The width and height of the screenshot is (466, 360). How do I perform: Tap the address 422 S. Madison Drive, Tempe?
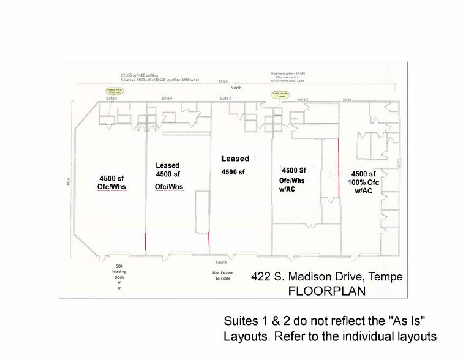coord(327,277)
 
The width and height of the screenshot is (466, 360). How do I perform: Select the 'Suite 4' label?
coord(166,98)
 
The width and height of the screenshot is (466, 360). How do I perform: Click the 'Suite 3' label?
coord(225,98)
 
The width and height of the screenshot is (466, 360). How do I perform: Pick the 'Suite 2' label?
coord(303,98)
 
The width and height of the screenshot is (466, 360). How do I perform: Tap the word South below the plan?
coord(222,263)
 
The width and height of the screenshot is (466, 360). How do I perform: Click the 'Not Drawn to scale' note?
coord(222,275)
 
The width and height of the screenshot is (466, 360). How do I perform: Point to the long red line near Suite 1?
coord(339,168)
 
